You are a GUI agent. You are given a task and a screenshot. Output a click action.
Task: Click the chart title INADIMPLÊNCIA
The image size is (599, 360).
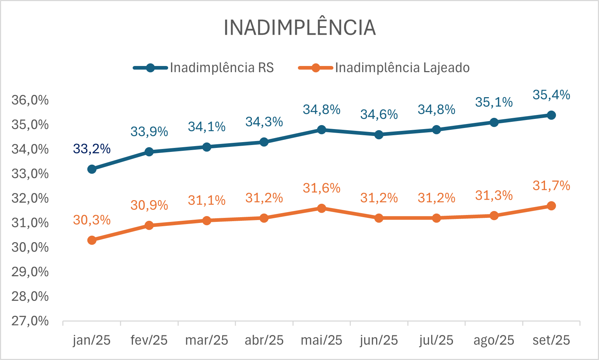coord(300,28)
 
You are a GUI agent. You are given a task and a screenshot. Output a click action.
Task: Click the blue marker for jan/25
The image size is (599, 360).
coord(92,169)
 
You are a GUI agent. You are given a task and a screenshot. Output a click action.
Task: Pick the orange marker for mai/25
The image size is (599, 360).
coord(321,208)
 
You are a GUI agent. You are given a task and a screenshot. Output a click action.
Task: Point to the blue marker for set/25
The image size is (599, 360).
coord(551,115)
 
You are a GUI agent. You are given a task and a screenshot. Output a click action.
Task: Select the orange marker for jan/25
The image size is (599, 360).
coord(92,240)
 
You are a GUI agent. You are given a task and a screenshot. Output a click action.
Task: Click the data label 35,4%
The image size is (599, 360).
coord(551,95)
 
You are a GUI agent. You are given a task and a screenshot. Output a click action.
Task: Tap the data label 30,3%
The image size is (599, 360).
coord(92,220)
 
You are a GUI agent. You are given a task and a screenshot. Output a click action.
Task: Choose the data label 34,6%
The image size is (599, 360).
coord(379,115)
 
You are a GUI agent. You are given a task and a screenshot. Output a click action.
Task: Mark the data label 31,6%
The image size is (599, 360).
coord(321,188)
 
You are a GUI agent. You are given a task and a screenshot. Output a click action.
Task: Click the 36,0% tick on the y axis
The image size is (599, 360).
coord(30,100)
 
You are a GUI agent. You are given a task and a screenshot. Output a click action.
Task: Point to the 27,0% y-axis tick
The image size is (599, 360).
coord(30,321)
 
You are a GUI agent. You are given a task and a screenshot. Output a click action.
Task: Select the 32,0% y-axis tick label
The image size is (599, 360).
coord(30,198)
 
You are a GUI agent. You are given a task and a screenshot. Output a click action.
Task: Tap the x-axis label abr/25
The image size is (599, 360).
coord(264,340)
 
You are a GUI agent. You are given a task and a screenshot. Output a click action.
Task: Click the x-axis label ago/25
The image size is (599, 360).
coord(494,340)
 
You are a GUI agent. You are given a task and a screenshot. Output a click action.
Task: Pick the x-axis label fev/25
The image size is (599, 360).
coord(149,340)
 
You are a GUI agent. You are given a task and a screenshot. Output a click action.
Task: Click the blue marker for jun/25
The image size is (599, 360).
coord(379,135)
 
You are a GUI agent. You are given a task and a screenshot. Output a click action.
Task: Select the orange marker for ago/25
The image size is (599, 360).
coord(494,216)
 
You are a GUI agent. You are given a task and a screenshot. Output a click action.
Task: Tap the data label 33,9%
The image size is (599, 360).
coord(149,132)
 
